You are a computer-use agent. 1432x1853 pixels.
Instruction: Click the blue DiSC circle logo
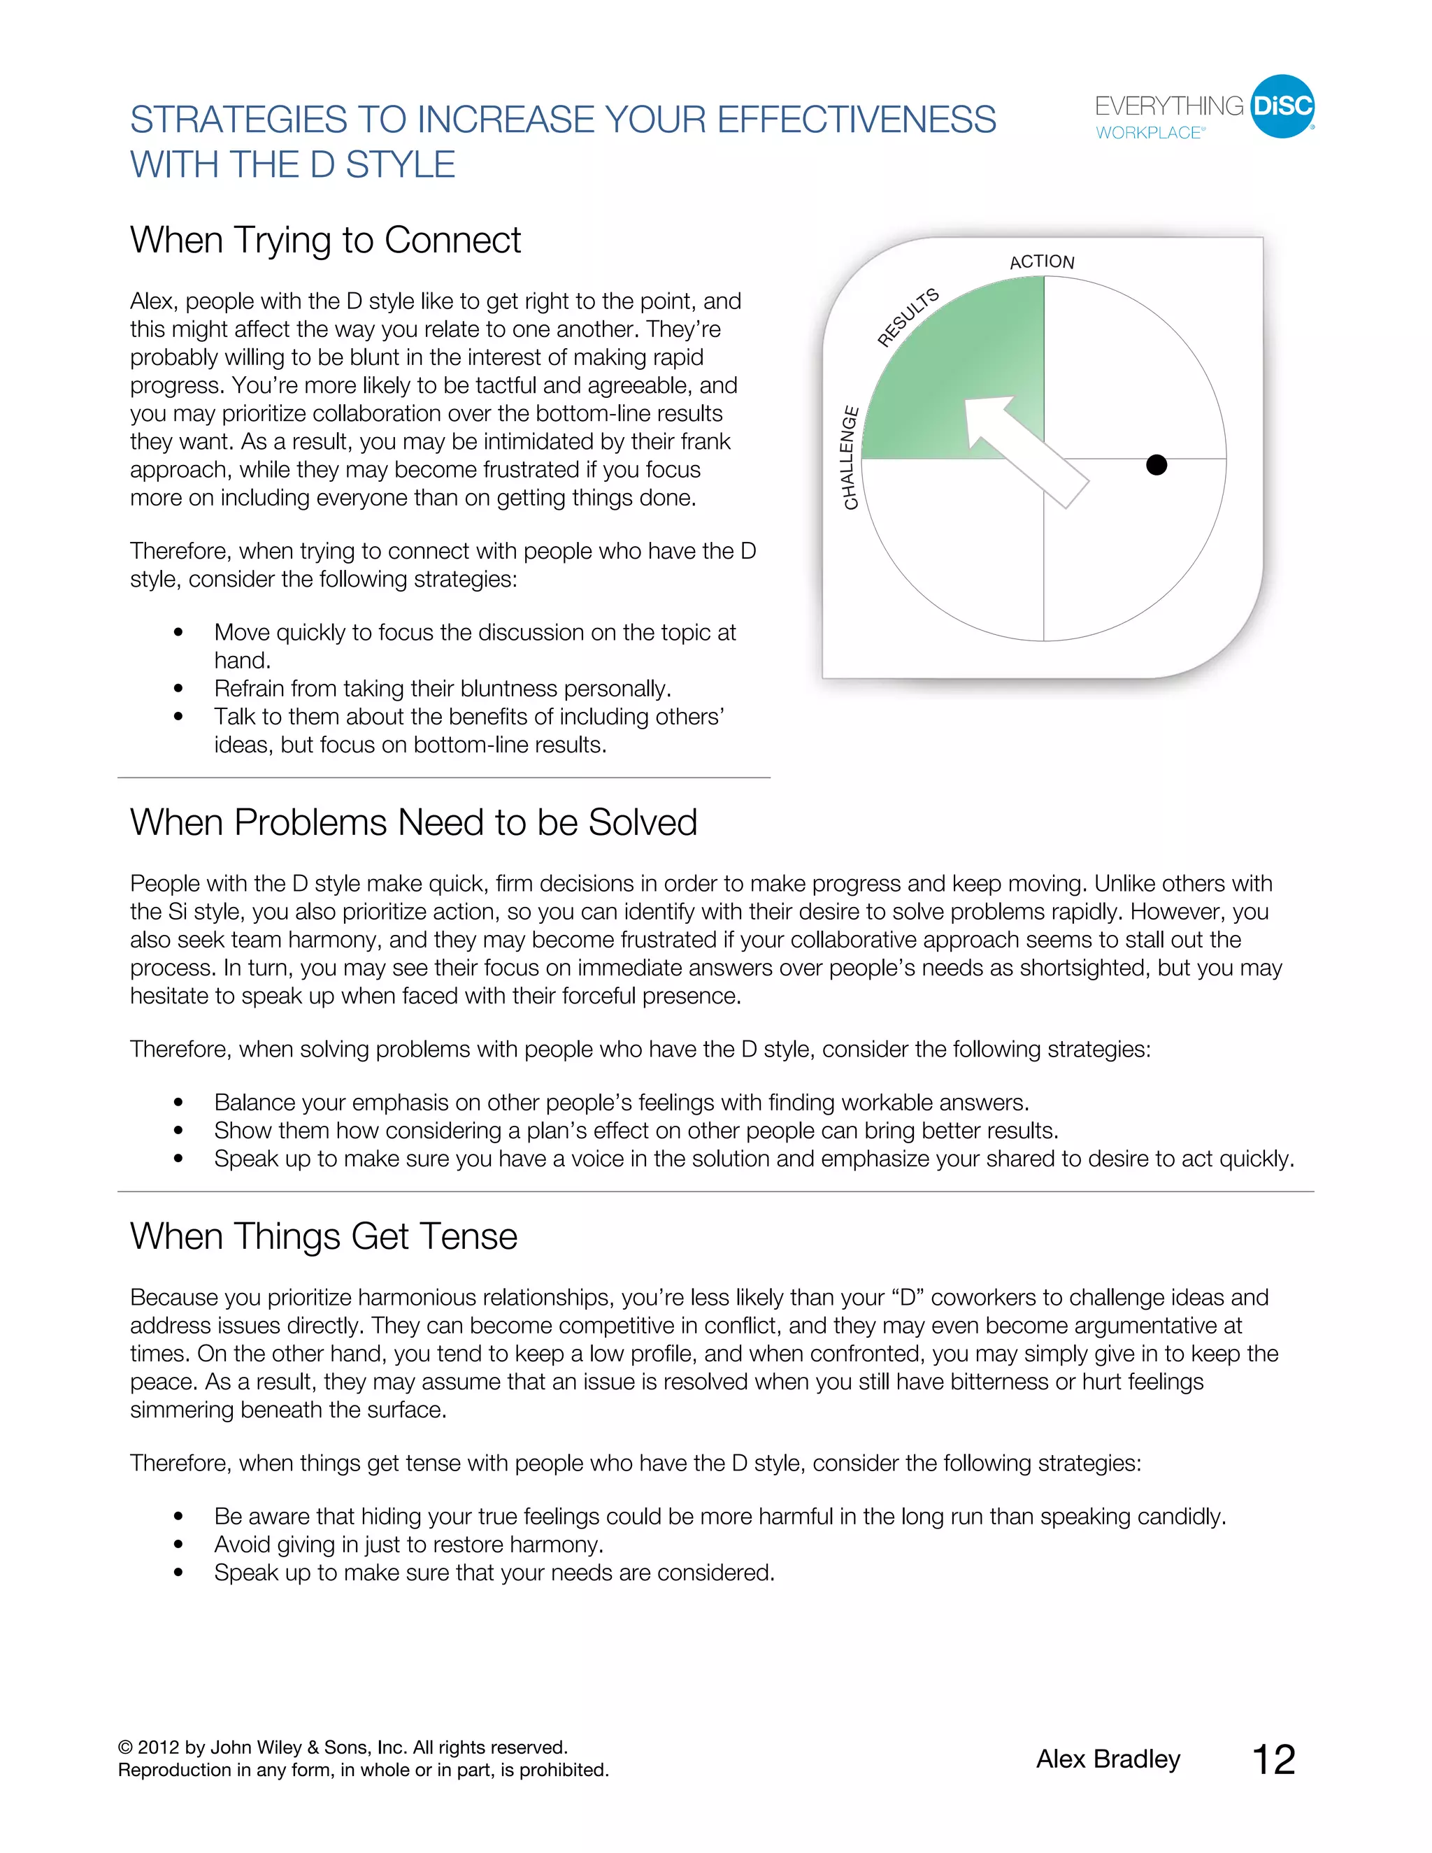[x=1282, y=106]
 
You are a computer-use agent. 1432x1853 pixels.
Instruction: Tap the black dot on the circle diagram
[x=1157, y=465]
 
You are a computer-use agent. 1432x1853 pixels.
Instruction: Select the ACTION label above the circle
[x=1042, y=262]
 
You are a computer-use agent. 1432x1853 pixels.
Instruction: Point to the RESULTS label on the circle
[x=908, y=317]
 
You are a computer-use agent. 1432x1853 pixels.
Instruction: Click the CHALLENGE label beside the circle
[x=850, y=458]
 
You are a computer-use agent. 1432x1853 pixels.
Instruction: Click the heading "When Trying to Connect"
[x=325, y=240]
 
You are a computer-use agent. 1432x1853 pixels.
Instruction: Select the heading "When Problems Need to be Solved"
[x=413, y=822]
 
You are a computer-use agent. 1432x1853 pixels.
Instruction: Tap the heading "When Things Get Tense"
[x=323, y=1236]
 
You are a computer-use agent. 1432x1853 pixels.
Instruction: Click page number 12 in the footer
[x=1273, y=1760]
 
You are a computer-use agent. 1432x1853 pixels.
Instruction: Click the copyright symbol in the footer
[x=126, y=1748]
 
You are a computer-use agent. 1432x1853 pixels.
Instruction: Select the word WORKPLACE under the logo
[x=1149, y=133]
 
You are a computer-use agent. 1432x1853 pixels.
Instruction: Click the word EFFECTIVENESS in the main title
[x=857, y=120]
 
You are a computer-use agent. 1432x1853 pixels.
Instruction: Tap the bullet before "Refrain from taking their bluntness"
[x=178, y=689]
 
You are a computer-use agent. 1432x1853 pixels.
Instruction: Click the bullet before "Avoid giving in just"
[x=178, y=1545]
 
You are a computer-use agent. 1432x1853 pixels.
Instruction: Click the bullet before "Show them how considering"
[x=178, y=1131]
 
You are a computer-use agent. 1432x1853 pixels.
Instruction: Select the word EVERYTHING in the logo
[x=1169, y=106]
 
